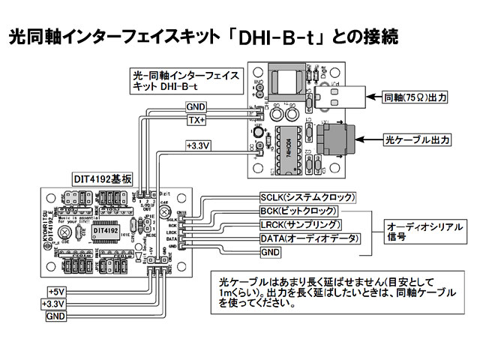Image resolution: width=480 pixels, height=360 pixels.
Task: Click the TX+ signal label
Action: pos(197,120)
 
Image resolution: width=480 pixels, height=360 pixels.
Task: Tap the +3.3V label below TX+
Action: pos(199,145)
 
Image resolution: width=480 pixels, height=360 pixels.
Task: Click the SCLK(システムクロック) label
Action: pos(306,197)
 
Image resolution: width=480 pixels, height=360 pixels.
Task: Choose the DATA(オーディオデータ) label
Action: pos(309,238)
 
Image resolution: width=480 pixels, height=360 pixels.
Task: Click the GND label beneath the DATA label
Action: pos(270,253)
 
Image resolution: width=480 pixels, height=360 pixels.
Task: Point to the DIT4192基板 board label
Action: pos(103,179)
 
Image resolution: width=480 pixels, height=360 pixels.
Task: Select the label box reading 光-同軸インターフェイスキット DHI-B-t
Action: pos(184,81)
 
